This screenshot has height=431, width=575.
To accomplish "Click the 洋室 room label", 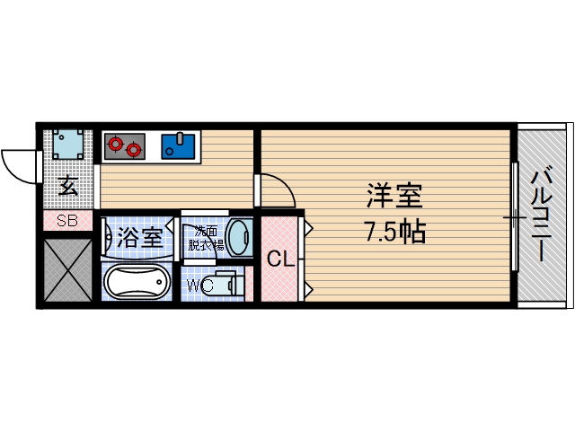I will [394, 197].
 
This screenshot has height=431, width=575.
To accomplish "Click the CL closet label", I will [281, 260].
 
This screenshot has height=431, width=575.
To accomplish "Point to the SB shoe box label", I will [67, 221].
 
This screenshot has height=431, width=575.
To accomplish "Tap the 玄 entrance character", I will [67, 187].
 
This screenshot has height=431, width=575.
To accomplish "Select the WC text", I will [199, 285].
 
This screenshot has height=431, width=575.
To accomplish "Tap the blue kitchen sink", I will [181, 145].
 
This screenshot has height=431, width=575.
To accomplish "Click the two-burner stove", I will [124, 145].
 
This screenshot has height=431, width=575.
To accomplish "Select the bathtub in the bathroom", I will [136, 282].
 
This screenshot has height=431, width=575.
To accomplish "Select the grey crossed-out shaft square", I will [67, 268].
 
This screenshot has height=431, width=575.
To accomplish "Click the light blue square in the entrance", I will [68, 145].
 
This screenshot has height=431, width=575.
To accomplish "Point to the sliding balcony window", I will [514, 216].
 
